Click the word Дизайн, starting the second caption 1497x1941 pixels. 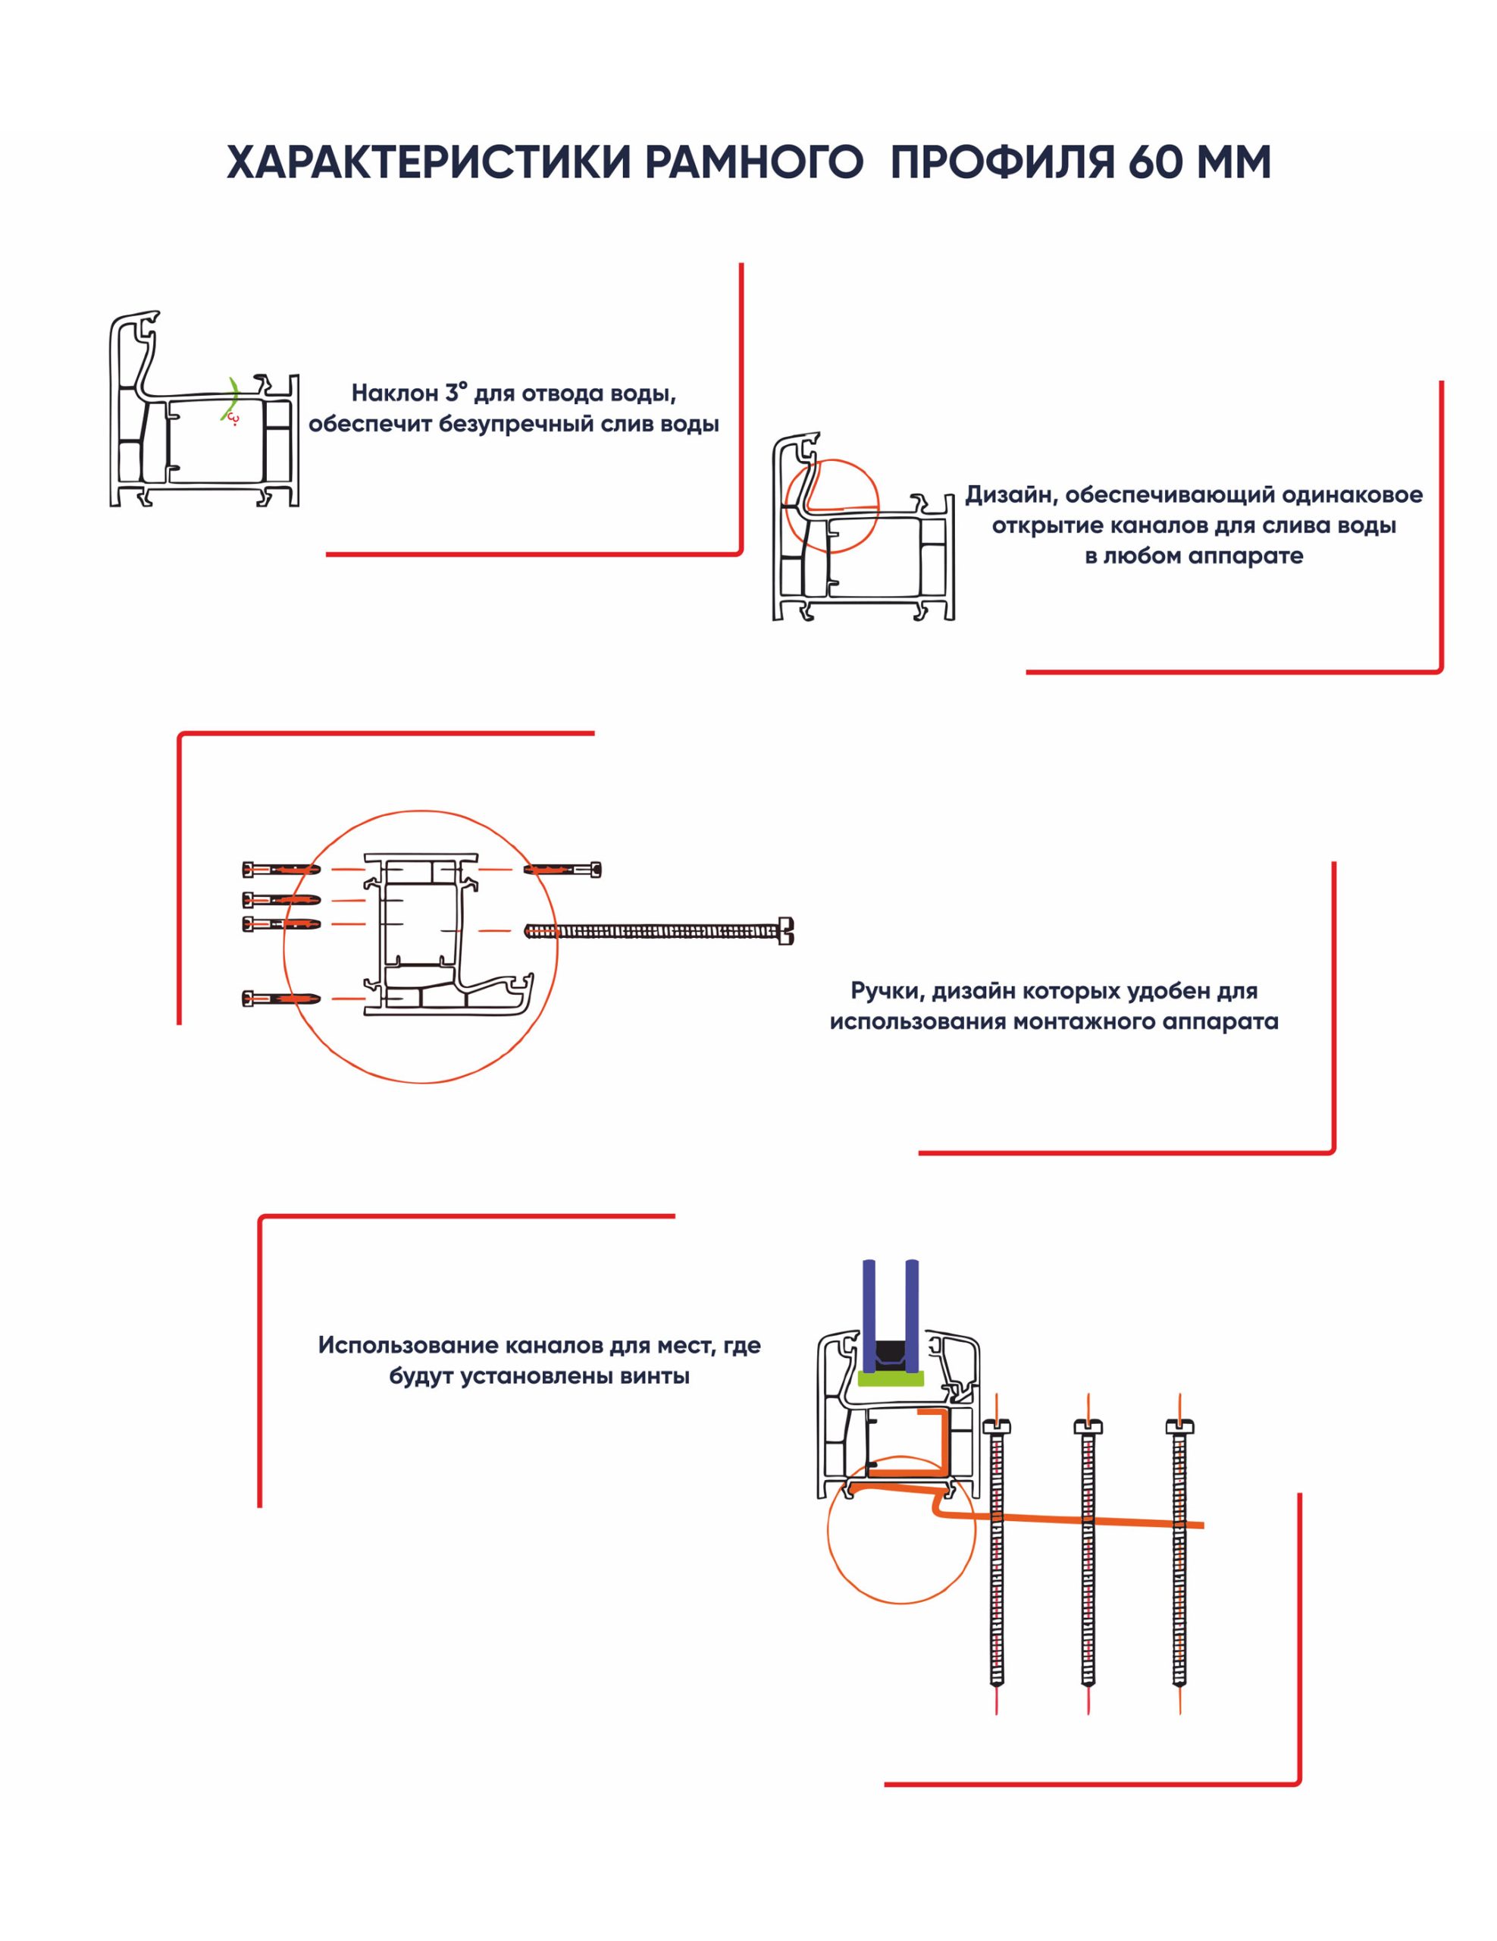(x=1010, y=495)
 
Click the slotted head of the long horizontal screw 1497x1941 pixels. (x=785, y=930)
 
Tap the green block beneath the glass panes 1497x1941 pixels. (x=890, y=1377)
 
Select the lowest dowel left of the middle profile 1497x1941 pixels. (x=280, y=999)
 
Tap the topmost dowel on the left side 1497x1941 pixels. (x=280, y=867)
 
